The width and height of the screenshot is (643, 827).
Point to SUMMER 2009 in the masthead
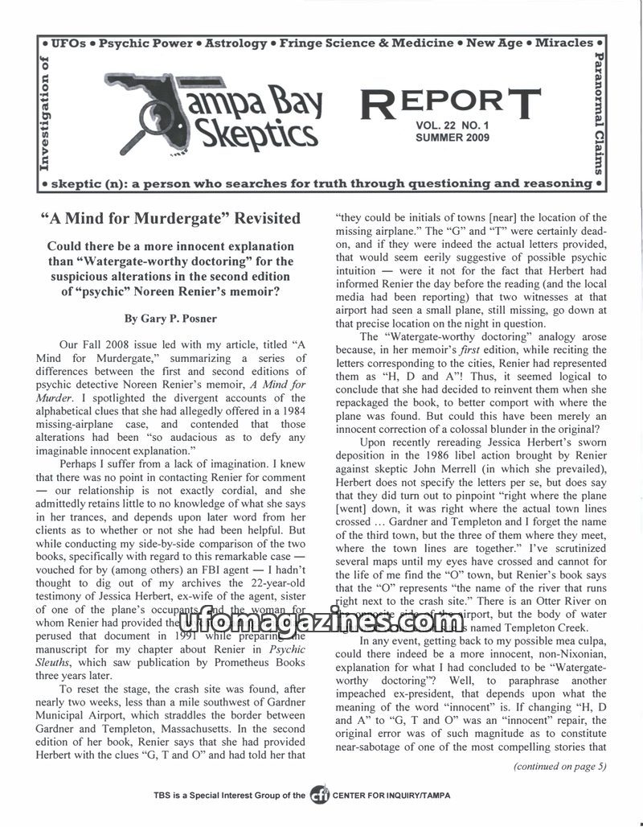coord(455,138)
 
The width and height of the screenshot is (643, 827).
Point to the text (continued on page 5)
coord(560,766)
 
